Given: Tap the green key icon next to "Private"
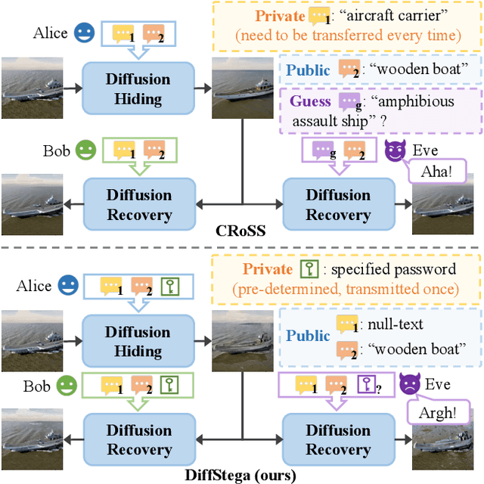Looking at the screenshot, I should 308,269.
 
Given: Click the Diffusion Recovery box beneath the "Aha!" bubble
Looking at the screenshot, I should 338,204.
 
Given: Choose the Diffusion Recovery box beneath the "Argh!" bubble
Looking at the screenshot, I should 338,439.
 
